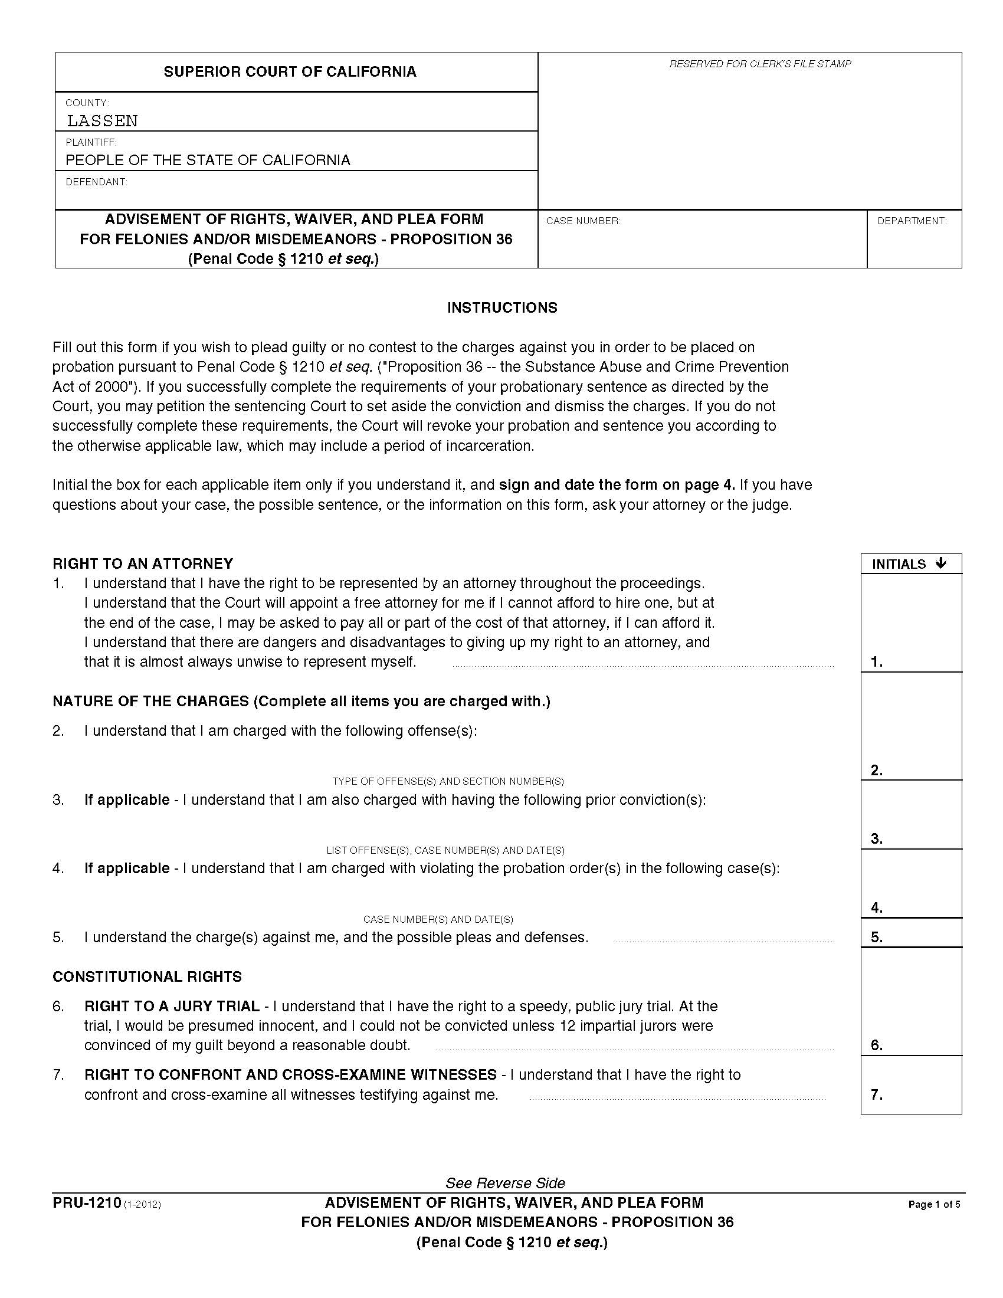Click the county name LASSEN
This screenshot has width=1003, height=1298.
[102, 120]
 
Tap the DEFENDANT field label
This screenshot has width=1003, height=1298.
[96, 182]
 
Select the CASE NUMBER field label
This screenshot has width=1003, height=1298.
[583, 221]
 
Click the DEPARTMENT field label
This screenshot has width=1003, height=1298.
[912, 221]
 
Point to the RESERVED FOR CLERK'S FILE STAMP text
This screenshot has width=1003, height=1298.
[760, 64]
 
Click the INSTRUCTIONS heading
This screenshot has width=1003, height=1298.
[502, 307]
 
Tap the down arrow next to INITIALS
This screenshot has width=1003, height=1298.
[940, 563]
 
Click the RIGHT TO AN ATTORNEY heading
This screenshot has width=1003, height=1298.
[143, 563]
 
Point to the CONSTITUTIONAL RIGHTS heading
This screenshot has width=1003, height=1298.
[147, 976]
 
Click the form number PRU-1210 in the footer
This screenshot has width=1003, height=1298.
[87, 1204]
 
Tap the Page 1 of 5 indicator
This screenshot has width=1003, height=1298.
[934, 1205]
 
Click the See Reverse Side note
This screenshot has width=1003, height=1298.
[505, 1183]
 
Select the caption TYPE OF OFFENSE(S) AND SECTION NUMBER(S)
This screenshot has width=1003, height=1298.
[448, 781]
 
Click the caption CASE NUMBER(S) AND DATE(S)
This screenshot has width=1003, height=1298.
[438, 919]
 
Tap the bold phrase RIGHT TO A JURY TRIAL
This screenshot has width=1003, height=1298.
[172, 1006]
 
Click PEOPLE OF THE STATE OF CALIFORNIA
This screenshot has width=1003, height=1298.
[207, 160]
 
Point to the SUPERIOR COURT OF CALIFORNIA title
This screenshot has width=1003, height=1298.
[290, 72]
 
